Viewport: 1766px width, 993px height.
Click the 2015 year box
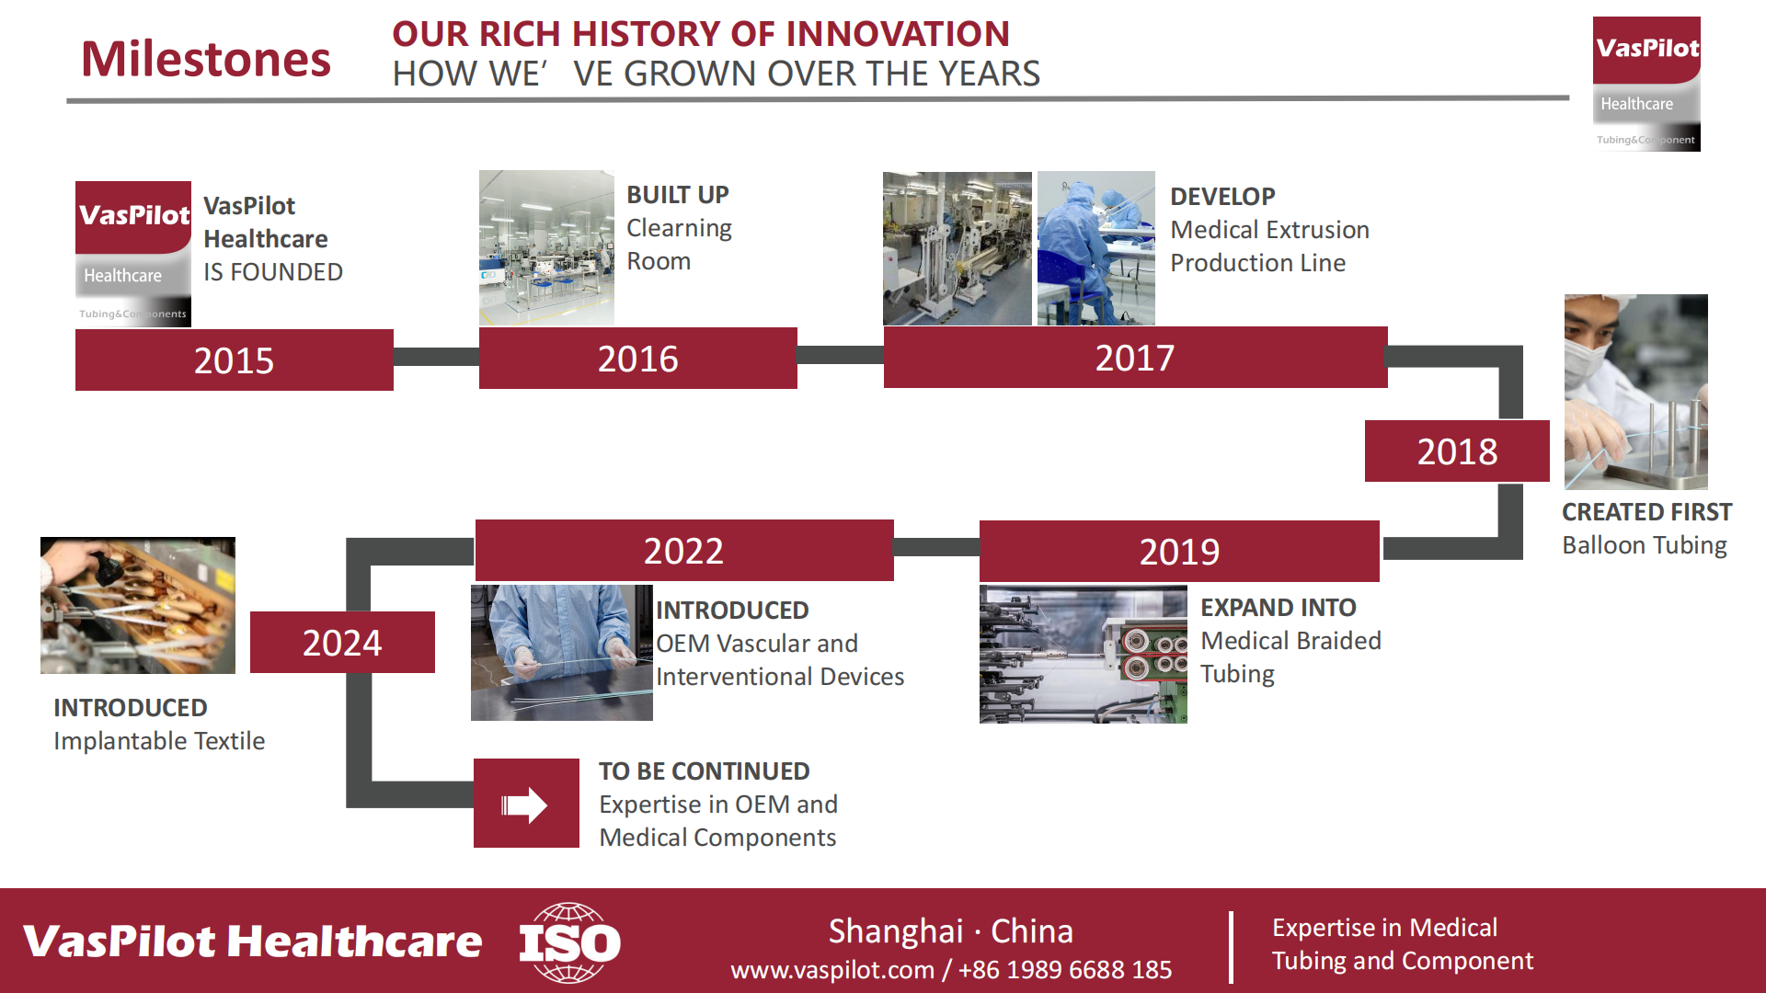pyautogui.click(x=235, y=360)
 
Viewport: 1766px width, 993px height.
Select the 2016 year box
pyautogui.click(x=638, y=358)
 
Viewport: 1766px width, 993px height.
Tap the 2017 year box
pyautogui.click(x=1136, y=357)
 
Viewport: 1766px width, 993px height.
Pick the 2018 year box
pyautogui.click(x=1457, y=451)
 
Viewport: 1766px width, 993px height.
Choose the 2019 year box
pyautogui.click(x=1179, y=551)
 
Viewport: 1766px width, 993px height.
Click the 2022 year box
pyautogui.click(x=684, y=550)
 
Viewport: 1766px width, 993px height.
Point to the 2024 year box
pyautogui.click(x=342, y=642)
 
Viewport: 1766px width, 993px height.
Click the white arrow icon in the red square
pyautogui.click(x=524, y=805)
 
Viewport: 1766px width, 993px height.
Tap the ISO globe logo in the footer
pyautogui.click(x=570, y=942)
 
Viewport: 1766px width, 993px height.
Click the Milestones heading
pyautogui.click(x=206, y=59)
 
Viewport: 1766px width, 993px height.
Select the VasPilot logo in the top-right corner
pyautogui.click(x=1646, y=84)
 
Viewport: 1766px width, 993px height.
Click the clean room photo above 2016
pyautogui.click(x=546, y=247)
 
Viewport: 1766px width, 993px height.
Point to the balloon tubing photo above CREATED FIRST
pyautogui.click(x=1636, y=392)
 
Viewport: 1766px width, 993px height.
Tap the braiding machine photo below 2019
pyautogui.click(x=1084, y=654)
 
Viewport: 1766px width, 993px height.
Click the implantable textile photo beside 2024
pyautogui.click(x=138, y=605)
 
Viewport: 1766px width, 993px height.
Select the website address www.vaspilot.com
pyautogui.click(x=832, y=969)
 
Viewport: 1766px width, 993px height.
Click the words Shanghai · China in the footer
pyautogui.click(x=951, y=930)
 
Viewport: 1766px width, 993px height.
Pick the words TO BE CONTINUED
pyautogui.click(x=705, y=770)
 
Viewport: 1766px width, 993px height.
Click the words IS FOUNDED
pyautogui.click(x=273, y=272)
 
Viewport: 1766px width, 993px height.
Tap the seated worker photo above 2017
pyautogui.click(x=1096, y=248)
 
